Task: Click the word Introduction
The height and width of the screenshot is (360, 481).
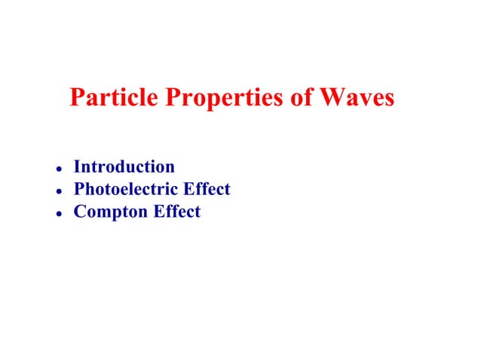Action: click(x=124, y=166)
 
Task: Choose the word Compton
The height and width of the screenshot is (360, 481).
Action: click(x=110, y=212)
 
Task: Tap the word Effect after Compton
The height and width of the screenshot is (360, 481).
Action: click(x=176, y=212)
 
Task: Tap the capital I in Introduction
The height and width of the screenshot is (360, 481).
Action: click(x=77, y=166)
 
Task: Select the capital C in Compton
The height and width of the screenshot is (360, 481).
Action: click(x=79, y=212)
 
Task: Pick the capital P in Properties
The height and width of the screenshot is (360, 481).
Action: click(x=157, y=99)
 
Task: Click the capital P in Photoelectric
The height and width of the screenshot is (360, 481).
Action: click(x=78, y=189)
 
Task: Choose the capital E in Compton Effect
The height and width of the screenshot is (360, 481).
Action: click(x=159, y=212)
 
